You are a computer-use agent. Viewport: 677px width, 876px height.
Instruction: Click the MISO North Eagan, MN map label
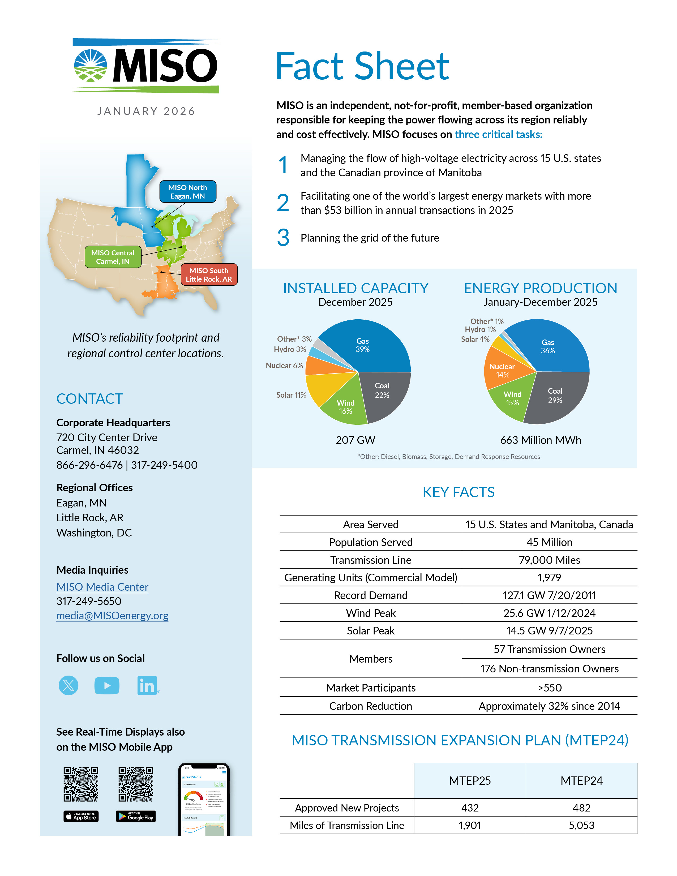(188, 192)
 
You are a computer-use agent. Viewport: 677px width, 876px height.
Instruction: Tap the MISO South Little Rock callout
(209, 275)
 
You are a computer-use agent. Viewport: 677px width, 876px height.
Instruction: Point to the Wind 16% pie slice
(345, 407)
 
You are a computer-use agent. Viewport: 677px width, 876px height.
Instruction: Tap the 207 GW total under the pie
(355, 440)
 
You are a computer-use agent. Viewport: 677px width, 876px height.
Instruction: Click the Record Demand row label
(371, 595)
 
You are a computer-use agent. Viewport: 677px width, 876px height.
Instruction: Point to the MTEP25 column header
(470, 780)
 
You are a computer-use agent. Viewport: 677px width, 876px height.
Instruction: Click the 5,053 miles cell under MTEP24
(581, 826)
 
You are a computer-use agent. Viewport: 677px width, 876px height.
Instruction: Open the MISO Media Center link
(102, 587)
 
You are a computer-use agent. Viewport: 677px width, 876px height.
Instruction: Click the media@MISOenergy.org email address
(112, 616)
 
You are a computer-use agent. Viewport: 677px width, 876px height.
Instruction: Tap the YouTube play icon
(107, 685)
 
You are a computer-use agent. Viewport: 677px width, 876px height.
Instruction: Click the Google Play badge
(136, 817)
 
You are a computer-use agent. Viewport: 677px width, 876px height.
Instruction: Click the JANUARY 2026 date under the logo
(146, 111)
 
